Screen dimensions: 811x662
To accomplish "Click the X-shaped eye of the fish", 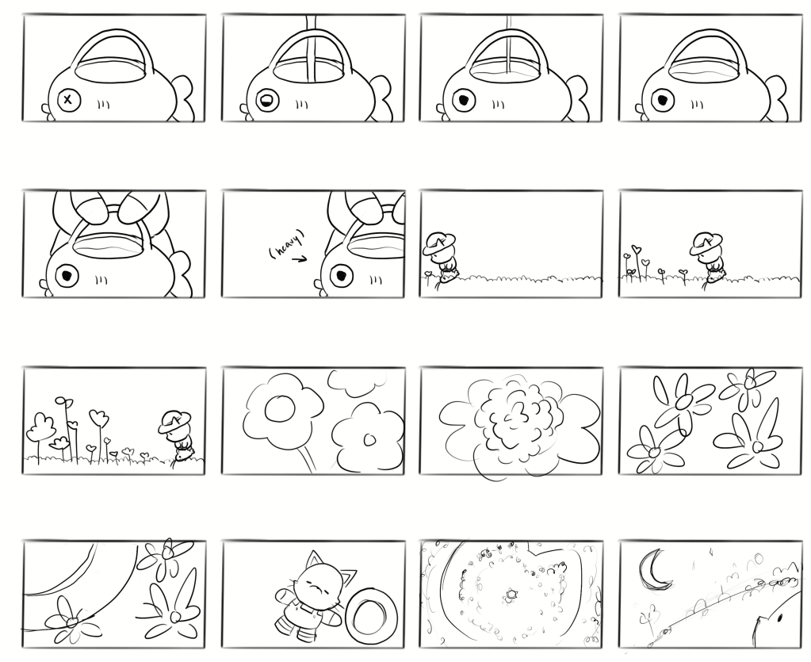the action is (x=67, y=99).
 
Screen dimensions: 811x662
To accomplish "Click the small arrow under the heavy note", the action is (x=300, y=259).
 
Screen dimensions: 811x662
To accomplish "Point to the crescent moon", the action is (x=654, y=572).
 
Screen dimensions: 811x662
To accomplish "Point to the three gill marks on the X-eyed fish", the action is (x=104, y=105).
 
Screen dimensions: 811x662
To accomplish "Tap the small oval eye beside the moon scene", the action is (x=779, y=617).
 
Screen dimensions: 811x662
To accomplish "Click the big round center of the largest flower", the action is (x=280, y=410).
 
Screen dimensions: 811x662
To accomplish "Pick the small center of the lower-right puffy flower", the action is (x=369, y=439).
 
